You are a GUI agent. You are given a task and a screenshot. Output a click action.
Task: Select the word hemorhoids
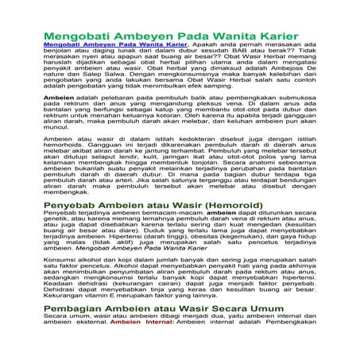[x=64, y=145]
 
